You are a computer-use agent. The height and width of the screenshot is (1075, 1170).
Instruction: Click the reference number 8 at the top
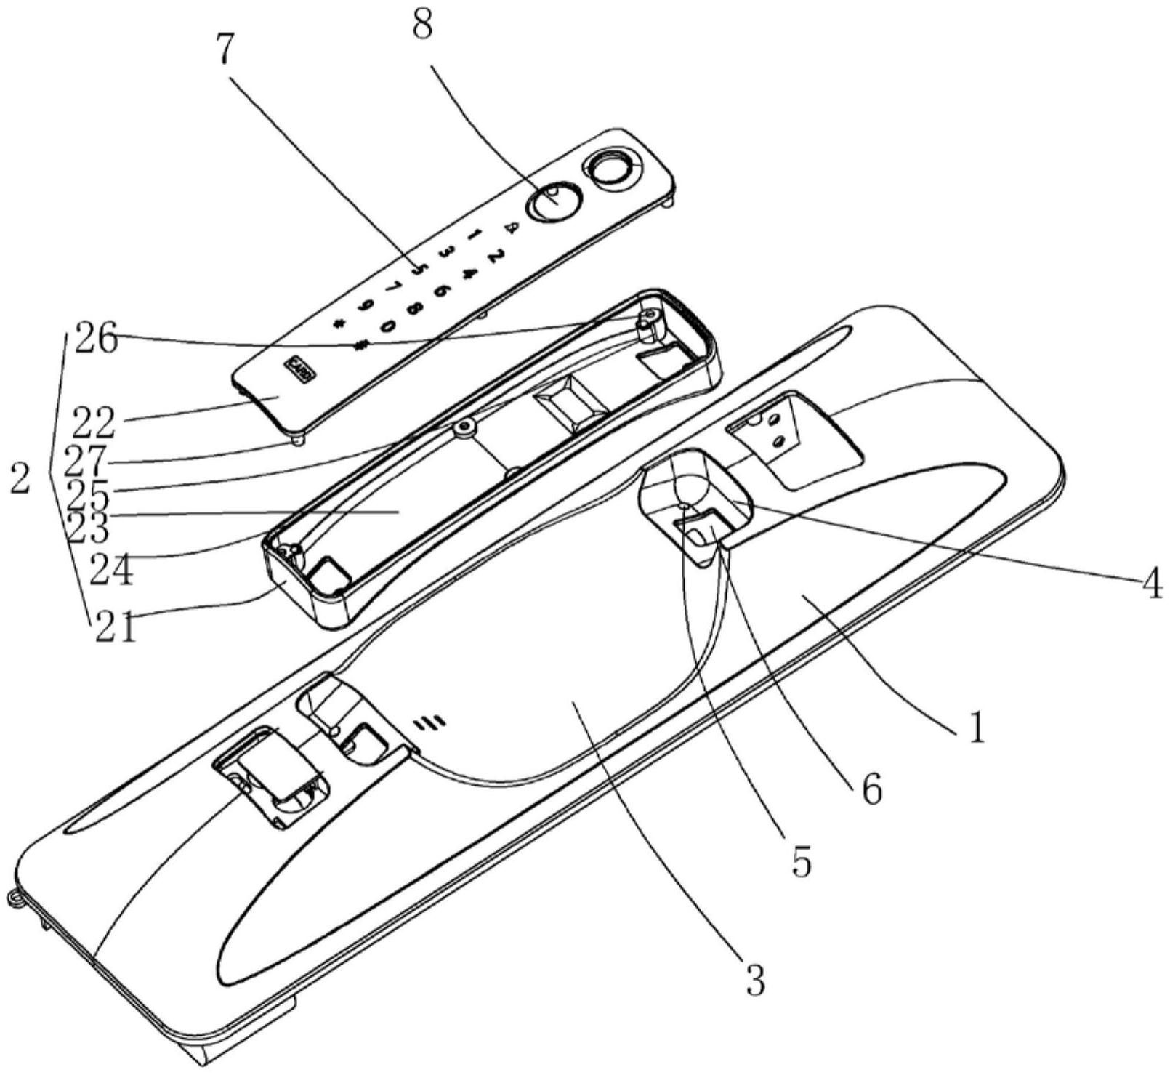421,27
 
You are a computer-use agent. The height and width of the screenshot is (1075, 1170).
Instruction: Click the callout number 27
86,460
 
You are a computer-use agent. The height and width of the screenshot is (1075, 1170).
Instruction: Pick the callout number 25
86,496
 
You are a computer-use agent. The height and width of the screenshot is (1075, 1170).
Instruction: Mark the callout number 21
115,627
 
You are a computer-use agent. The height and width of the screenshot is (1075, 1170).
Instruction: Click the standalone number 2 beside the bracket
20,480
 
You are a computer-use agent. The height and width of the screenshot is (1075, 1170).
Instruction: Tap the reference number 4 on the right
1148,584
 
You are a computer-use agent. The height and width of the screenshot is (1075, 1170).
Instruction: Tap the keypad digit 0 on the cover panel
388,326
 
